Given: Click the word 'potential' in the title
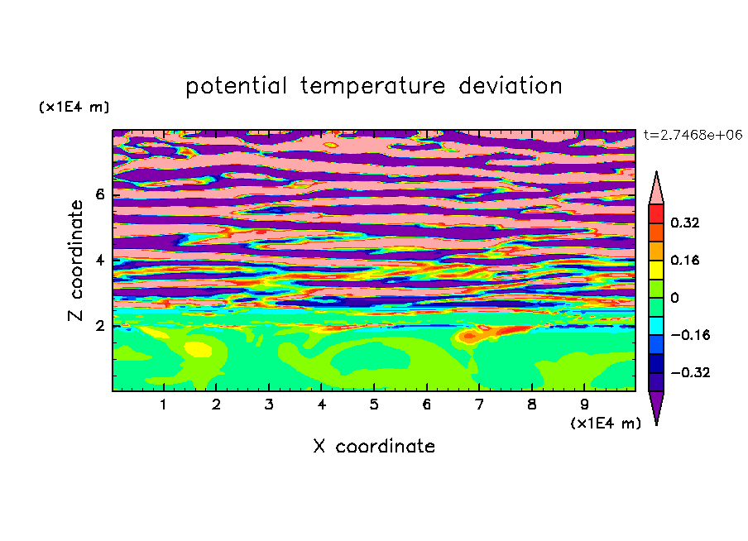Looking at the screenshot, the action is point(236,86).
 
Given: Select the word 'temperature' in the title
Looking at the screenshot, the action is point(373,86).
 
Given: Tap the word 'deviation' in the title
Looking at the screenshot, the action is point(511,85).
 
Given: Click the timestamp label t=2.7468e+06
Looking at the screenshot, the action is point(693,135).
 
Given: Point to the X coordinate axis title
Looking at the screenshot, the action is point(374,446).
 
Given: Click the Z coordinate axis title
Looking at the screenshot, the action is point(76,261).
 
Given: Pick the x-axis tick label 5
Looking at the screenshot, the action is point(374,405).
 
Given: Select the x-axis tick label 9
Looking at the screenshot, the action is point(584,405).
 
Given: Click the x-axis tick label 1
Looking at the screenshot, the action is point(163,405).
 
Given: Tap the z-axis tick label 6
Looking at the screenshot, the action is point(100,194).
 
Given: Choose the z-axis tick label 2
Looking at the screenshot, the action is point(100,326).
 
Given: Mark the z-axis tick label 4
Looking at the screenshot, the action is point(100,261).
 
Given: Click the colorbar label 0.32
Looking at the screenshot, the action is point(685,223).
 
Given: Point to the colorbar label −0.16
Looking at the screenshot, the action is point(690,335).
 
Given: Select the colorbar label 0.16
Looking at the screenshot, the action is point(685,260).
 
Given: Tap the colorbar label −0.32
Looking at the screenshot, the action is point(690,372).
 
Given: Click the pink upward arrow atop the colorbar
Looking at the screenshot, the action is point(656,191).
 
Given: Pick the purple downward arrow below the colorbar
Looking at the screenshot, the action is point(656,405).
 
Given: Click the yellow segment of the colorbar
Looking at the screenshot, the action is point(656,270).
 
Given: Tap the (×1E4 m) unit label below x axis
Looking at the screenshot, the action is point(606,424).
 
